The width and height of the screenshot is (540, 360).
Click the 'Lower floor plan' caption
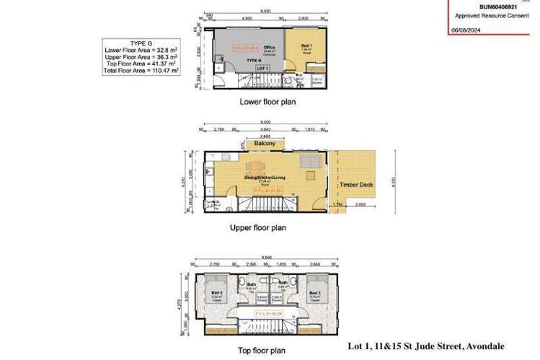[267, 102]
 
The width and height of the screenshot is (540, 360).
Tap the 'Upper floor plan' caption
[258, 227]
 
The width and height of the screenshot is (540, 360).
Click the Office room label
[270, 48]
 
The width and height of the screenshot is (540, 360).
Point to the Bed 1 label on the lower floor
[306, 46]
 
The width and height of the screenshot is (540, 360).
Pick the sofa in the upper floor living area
[309, 160]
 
